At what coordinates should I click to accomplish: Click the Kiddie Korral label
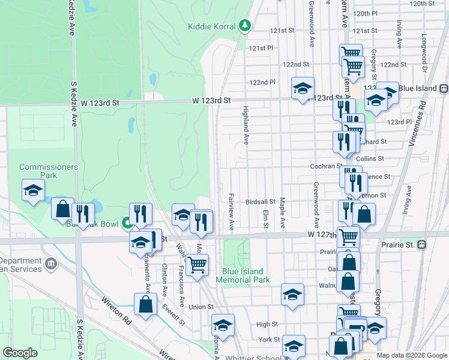click(x=211, y=26)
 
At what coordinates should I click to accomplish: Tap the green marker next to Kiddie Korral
click(x=244, y=25)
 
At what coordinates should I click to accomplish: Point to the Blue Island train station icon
click(x=444, y=88)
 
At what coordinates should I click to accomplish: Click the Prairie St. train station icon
click(x=422, y=245)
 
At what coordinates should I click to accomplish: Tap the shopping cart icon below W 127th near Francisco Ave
click(x=196, y=264)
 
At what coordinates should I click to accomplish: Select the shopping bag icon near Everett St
click(x=145, y=304)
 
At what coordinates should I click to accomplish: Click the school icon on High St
click(x=223, y=325)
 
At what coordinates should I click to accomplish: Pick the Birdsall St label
click(x=260, y=202)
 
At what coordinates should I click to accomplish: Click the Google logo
click(x=20, y=353)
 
